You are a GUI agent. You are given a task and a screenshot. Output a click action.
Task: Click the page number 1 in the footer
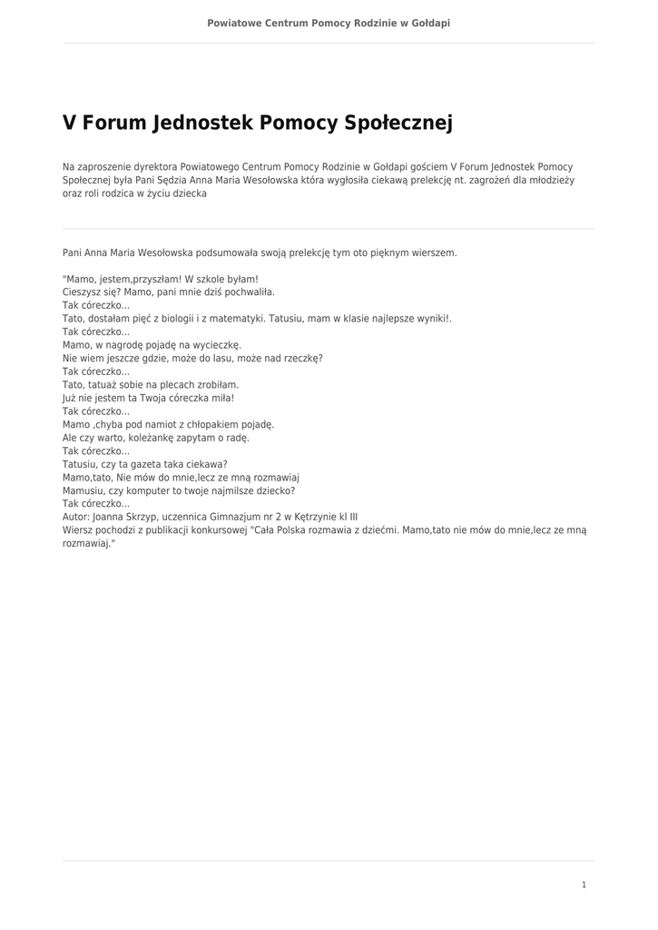tap(584, 885)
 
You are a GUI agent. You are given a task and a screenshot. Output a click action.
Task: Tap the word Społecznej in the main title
tap(398, 124)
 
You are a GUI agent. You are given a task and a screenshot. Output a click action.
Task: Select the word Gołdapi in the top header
tap(431, 23)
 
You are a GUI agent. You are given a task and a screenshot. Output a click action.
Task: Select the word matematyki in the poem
tap(238, 319)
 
